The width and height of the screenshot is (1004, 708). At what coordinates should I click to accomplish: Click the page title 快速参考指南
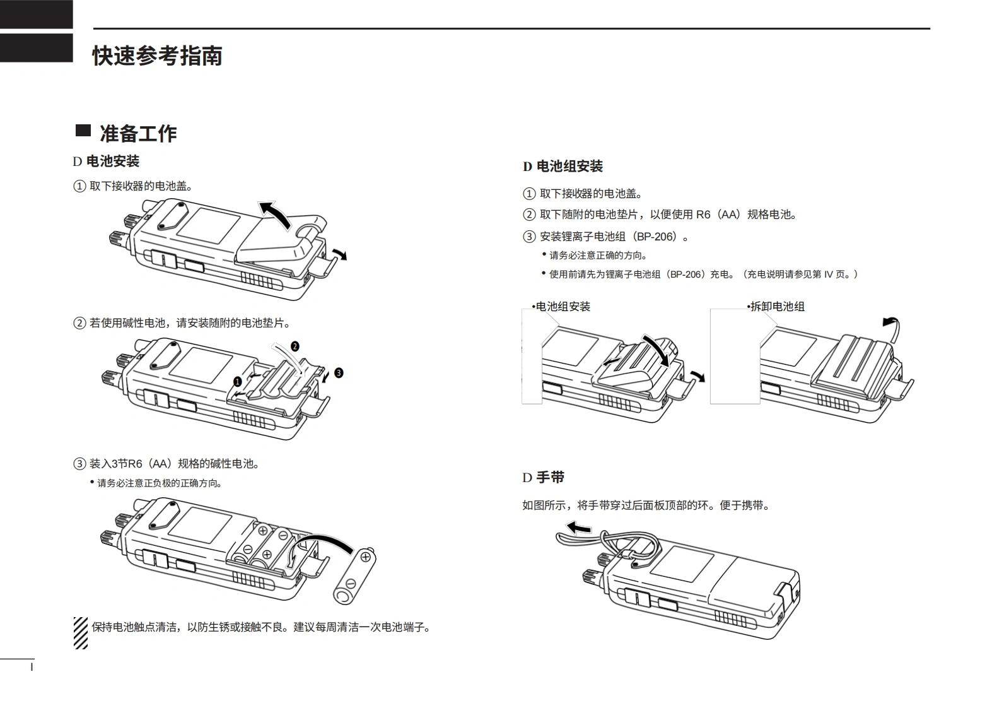click(x=157, y=56)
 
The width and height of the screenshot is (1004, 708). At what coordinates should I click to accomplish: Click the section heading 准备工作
click(x=138, y=133)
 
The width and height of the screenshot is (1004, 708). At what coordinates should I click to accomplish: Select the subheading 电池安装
click(x=112, y=162)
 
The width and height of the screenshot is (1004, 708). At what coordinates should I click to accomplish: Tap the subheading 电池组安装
click(x=569, y=167)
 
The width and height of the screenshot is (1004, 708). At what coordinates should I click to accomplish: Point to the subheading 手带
click(x=550, y=478)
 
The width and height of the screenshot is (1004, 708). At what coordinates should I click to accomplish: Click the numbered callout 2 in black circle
click(x=295, y=346)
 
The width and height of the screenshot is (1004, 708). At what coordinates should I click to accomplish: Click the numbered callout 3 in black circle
click(x=339, y=373)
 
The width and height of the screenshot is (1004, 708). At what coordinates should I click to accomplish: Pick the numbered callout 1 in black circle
click(x=237, y=382)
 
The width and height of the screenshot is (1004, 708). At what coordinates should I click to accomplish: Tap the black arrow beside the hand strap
click(x=578, y=528)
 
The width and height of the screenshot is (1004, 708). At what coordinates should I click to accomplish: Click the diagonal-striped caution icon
click(x=81, y=632)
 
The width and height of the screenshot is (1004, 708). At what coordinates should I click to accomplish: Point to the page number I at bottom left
click(x=32, y=666)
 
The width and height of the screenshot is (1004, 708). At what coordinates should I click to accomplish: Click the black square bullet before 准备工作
click(x=83, y=131)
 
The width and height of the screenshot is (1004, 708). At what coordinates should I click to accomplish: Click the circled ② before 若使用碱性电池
click(x=79, y=323)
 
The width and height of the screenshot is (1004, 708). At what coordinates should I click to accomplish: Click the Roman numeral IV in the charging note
click(x=829, y=274)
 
